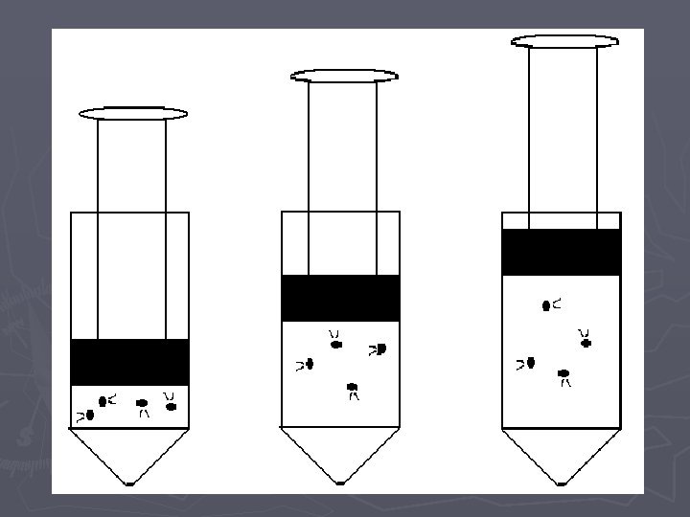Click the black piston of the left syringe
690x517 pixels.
coord(129,362)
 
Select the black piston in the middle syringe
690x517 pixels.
coord(340,298)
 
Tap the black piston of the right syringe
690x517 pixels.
coord(562,252)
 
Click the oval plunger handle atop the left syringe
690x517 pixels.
coord(133,114)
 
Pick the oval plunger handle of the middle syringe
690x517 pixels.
coord(344,75)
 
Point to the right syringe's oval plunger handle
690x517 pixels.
coord(564,40)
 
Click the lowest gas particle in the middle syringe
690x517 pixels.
coord(353,388)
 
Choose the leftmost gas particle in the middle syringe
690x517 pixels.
coord(310,365)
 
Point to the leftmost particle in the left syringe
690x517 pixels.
coord(89,416)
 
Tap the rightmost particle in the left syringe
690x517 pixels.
coord(172,407)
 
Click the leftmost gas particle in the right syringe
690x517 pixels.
coord(530,363)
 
